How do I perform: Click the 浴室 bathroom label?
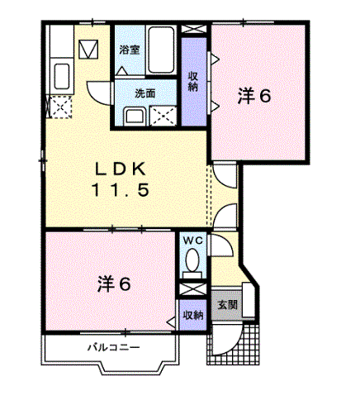[x=129, y=50]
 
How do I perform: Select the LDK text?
[x=120, y=168]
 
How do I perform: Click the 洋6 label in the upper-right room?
[x=254, y=96]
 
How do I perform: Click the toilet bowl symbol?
[x=192, y=264]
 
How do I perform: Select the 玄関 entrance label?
[x=226, y=304]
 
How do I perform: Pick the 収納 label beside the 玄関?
[x=192, y=315]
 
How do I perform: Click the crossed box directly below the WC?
[x=192, y=290]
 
